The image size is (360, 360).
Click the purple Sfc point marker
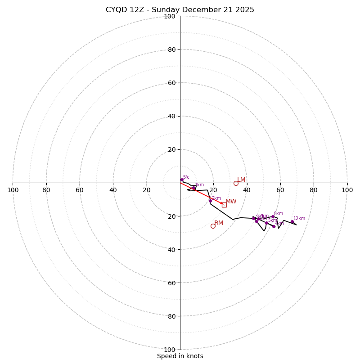[x=182, y=180]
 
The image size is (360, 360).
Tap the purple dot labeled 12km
[x=292, y=222]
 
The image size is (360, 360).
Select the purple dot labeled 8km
[x=273, y=217]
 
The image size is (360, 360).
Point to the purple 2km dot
[x=210, y=201]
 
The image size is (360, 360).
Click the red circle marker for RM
[x=213, y=226]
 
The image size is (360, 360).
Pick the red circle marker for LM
[x=236, y=184]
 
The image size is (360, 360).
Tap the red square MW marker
[x=224, y=205]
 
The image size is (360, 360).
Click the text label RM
[x=219, y=223]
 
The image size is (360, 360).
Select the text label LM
[x=241, y=180]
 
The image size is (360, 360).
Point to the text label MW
[x=231, y=202]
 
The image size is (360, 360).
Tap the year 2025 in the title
[x=245, y=10]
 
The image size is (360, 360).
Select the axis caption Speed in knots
[x=180, y=356]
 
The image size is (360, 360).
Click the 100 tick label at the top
[x=170, y=16]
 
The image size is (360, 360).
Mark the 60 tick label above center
[x=171, y=83]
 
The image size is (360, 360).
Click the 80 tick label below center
[x=171, y=316]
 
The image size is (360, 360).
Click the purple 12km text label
[x=299, y=219]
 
